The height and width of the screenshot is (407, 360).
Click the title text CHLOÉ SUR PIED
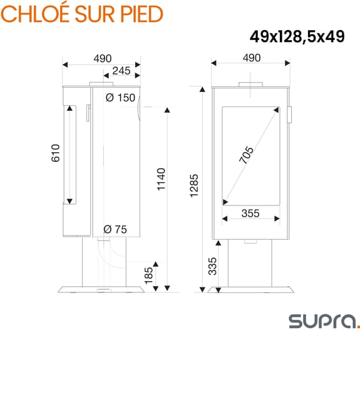click(82, 13)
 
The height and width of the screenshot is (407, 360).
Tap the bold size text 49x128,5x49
click(297, 37)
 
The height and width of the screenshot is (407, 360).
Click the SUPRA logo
click(324, 321)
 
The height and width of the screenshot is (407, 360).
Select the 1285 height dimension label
click(193, 186)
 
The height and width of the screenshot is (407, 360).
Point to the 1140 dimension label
click(161, 180)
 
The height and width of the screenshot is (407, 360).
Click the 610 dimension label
click(54, 154)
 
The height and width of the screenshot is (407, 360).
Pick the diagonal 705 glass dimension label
click(246, 155)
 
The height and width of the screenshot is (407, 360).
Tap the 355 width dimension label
click(250, 214)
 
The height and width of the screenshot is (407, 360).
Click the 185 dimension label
click(148, 276)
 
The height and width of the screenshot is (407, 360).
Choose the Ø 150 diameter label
click(120, 98)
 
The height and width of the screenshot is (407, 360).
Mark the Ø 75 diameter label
click(115, 229)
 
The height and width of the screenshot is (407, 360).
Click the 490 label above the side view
click(102, 58)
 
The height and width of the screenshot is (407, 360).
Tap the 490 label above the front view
click(250, 58)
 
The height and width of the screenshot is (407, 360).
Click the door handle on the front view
click(289, 115)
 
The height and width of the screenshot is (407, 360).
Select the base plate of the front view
click(250, 289)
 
